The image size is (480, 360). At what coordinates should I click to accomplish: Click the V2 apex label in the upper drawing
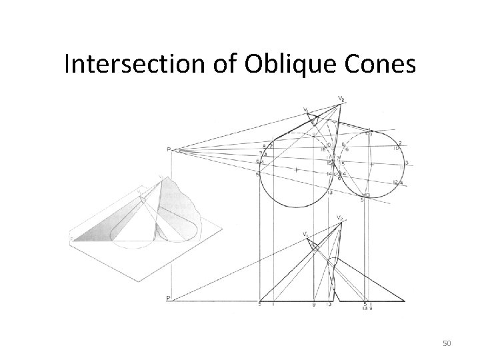[x=341, y=99]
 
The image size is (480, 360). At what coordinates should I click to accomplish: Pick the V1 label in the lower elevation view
[x=305, y=234]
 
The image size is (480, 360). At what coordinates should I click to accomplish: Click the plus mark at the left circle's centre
[x=295, y=169]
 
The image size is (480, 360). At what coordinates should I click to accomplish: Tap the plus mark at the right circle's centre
[x=371, y=164]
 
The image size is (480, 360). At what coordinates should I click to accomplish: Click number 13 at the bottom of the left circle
[x=330, y=192]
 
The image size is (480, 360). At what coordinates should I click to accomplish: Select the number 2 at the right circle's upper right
[x=400, y=143]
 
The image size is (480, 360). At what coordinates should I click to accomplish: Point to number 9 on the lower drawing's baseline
[x=313, y=305]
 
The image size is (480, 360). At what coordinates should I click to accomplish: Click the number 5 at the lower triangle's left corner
[x=259, y=305]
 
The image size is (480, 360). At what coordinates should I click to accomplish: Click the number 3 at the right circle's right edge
[x=406, y=163]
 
